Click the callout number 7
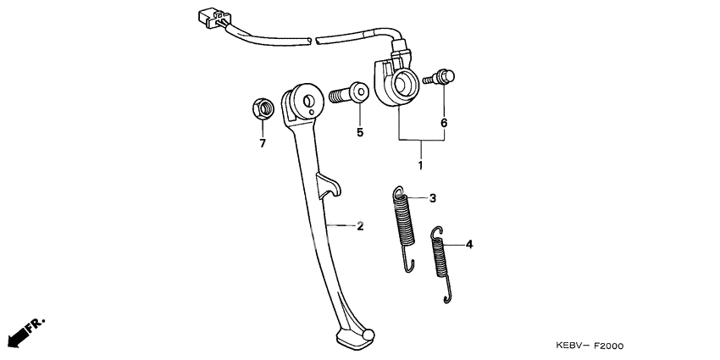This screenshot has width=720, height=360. [263, 143]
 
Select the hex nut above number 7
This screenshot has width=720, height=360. [263, 109]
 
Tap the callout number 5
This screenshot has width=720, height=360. [360, 132]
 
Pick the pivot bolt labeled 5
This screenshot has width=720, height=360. [349, 94]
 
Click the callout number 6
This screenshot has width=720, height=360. [444, 123]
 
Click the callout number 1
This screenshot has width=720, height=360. [420, 164]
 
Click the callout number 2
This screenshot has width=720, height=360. [360, 225]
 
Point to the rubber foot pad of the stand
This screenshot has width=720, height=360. [354, 340]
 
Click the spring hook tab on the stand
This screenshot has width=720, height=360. [330, 186]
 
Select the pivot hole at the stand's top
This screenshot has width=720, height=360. [308, 100]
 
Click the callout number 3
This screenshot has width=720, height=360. [433, 198]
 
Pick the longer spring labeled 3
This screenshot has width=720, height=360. [404, 228]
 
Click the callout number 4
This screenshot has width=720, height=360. [468, 244]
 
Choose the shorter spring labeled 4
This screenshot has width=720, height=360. [441, 264]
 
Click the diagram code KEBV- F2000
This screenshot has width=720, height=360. [590, 346]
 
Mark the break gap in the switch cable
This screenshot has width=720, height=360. [313, 41]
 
